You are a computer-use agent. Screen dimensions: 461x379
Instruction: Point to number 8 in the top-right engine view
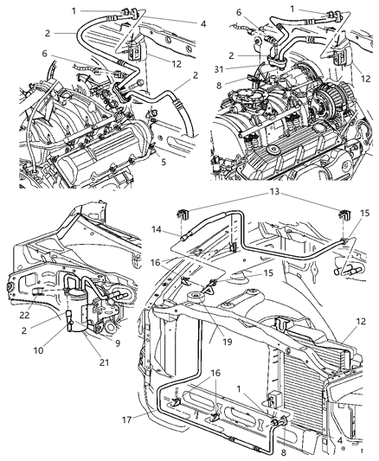pyautogui.click(x=219, y=85)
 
